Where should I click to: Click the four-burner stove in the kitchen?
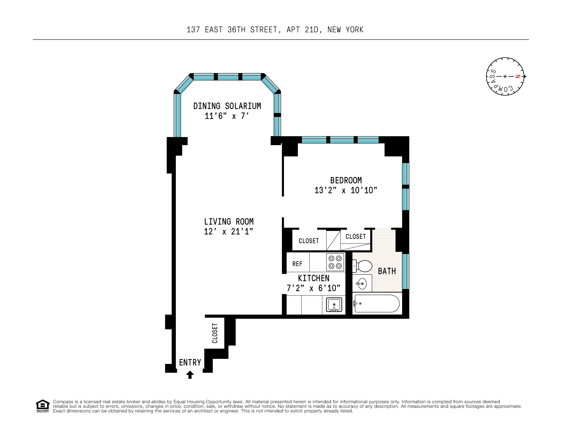pos(335,262)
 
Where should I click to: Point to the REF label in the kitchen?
pos(297,264)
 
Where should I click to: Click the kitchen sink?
pos(334,305)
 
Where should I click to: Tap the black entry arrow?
pos(190,375)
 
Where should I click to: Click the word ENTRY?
pos(190,362)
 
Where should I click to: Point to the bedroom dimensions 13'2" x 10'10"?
pos(346,190)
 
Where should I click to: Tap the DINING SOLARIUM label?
pos(227,106)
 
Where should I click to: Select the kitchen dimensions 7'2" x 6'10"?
pos(313,288)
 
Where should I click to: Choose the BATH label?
pos(387,271)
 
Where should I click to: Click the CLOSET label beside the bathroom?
pos(355,236)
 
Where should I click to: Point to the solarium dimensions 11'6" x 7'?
pos(227,116)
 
